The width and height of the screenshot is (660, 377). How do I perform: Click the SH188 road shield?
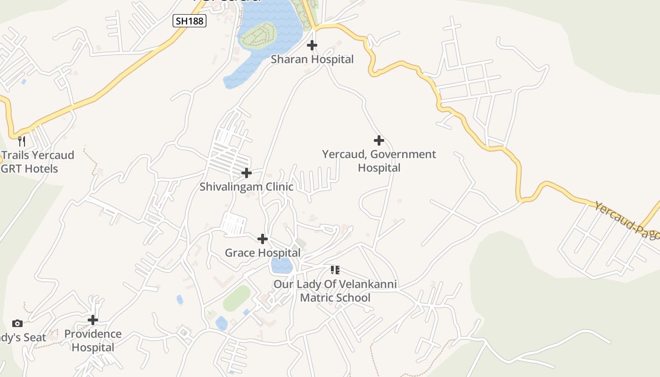(x=190, y=21)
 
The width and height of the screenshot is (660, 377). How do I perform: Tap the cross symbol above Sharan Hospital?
(x=312, y=45)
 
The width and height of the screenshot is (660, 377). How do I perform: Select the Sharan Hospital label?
(x=312, y=59)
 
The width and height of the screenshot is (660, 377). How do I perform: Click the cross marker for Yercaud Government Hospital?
(x=379, y=140)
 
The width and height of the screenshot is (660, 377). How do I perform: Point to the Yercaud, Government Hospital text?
(x=379, y=161)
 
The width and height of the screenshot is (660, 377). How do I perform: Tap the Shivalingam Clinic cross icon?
(x=247, y=173)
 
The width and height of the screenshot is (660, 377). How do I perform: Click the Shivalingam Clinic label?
(x=247, y=187)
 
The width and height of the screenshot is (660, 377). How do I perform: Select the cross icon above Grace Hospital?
(x=263, y=239)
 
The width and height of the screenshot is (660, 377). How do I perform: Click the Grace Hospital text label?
(x=263, y=253)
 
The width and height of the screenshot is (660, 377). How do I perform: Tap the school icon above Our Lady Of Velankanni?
(x=335, y=270)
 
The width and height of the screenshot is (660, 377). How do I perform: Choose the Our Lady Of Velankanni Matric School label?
(x=335, y=291)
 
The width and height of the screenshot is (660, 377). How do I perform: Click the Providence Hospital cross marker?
(x=93, y=320)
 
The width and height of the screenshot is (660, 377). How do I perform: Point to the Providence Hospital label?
(x=93, y=341)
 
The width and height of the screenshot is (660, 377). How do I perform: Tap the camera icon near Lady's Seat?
(x=17, y=323)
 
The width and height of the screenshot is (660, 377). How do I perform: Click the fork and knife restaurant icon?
(x=22, y=141)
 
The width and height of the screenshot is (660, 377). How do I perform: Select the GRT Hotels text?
(x=29, y=169)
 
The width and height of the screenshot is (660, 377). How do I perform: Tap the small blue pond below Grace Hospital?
(x=282, y=266)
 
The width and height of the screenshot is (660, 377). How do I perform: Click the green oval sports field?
(x=237, y=298)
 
